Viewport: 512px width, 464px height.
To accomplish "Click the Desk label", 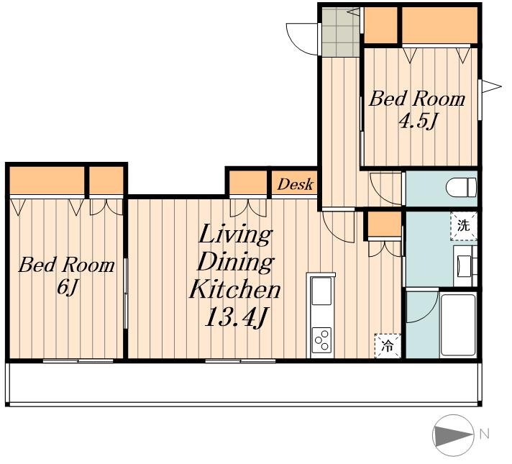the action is tap(295, 185).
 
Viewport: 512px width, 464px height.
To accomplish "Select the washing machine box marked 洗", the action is tap(464, 226).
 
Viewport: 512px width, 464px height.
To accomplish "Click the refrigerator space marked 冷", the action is tap(388, 346).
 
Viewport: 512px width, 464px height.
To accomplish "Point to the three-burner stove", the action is tap(321, 340).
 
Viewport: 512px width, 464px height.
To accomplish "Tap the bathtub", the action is tap(458, 325).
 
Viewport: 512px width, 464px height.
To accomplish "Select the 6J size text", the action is tap(67, 288).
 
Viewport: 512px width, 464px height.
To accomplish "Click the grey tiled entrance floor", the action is tap(340, 32).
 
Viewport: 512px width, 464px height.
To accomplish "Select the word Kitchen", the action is tap(234, 289).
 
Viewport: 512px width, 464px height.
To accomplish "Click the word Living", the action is tap(234, 235).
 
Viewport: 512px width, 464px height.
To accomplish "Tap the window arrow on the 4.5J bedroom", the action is tap(491, 87).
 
